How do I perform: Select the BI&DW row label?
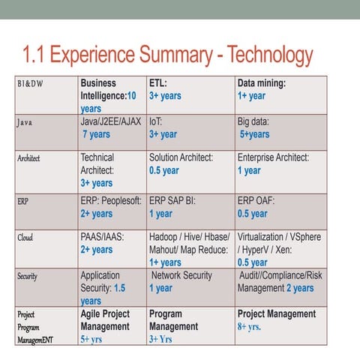click(31, 83)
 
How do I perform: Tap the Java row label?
click(23, 121)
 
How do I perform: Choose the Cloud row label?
click(25, 238)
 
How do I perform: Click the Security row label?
click(28, 277)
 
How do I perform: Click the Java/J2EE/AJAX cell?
click(110, 127)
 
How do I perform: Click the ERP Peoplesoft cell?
click(111, 207)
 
